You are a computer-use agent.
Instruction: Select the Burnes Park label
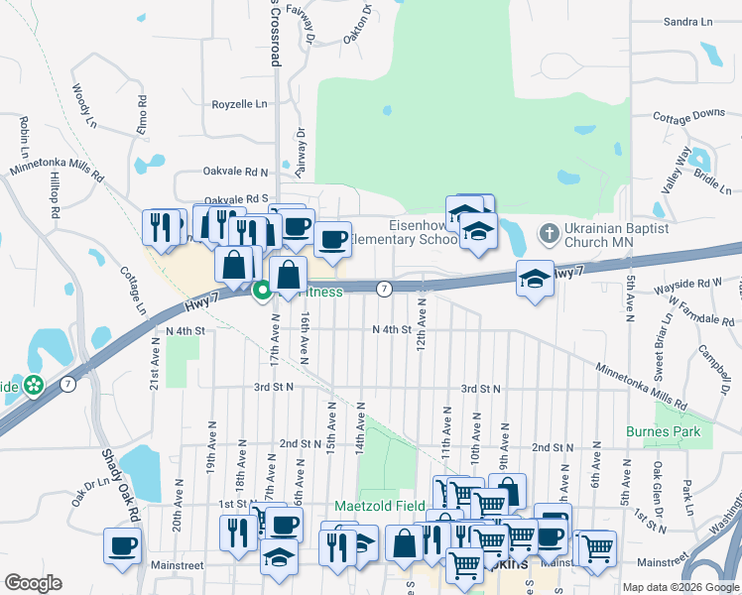pyautogui.click(x=663, y=431)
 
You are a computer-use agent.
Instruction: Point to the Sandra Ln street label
pyautogui.click(x=688, y=21)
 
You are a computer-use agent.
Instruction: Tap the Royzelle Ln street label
pyautogui.click(x=240, y=103)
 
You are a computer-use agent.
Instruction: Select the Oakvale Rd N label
pyautogui.click(x=236, y=172)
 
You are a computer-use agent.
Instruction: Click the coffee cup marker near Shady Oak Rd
pyautogui.click(x=123, y=545)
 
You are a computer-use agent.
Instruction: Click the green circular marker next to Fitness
pyautogui.click(x=263, y=292)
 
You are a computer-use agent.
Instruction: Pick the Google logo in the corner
pyautogui.click(x=33, y=583)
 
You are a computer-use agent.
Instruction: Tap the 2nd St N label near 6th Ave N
pyautogui.click(x=555, y=447)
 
